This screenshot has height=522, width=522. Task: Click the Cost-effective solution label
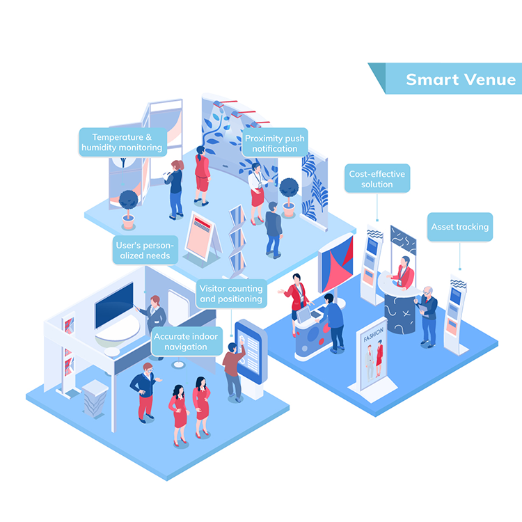pyautogui.click(x=377, y=178)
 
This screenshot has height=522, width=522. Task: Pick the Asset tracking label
pyautogui.click(x=459, y=227)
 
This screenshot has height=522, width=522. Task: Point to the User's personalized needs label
pyautogui.click(x=145, y=250)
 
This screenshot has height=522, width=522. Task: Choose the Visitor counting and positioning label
pyautogui.click(x=231, y=294)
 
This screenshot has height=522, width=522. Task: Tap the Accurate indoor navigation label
pyautogui.click(x=186, y=342)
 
